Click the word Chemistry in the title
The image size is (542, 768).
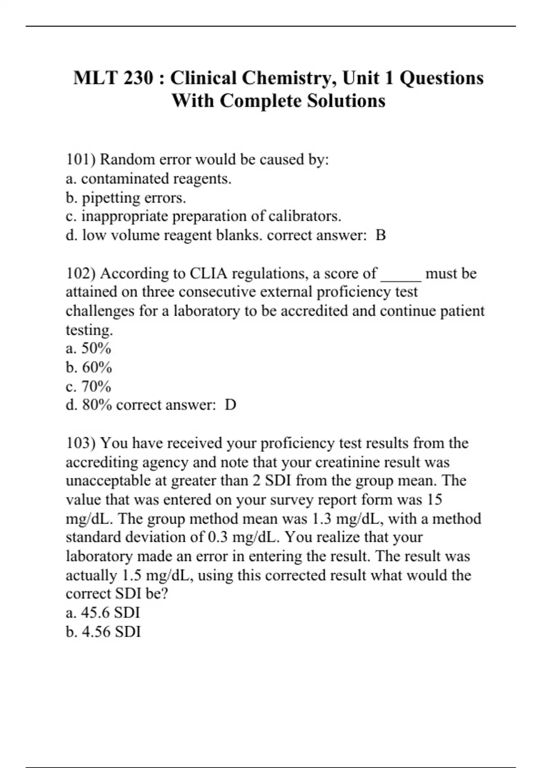[289, 78]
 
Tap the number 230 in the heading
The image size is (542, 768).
[138, 78]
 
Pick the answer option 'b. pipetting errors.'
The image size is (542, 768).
[126, 197]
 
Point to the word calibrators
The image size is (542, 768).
[305, 216]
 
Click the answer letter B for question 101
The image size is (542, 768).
[381, 235]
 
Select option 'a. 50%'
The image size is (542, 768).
[89, 348]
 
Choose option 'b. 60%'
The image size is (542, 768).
[89, 367]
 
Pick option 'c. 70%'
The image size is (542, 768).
[89, 386]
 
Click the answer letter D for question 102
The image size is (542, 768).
[230, 405]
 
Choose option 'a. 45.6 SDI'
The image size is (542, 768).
[103, 613]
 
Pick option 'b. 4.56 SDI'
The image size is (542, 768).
[103, 632]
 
